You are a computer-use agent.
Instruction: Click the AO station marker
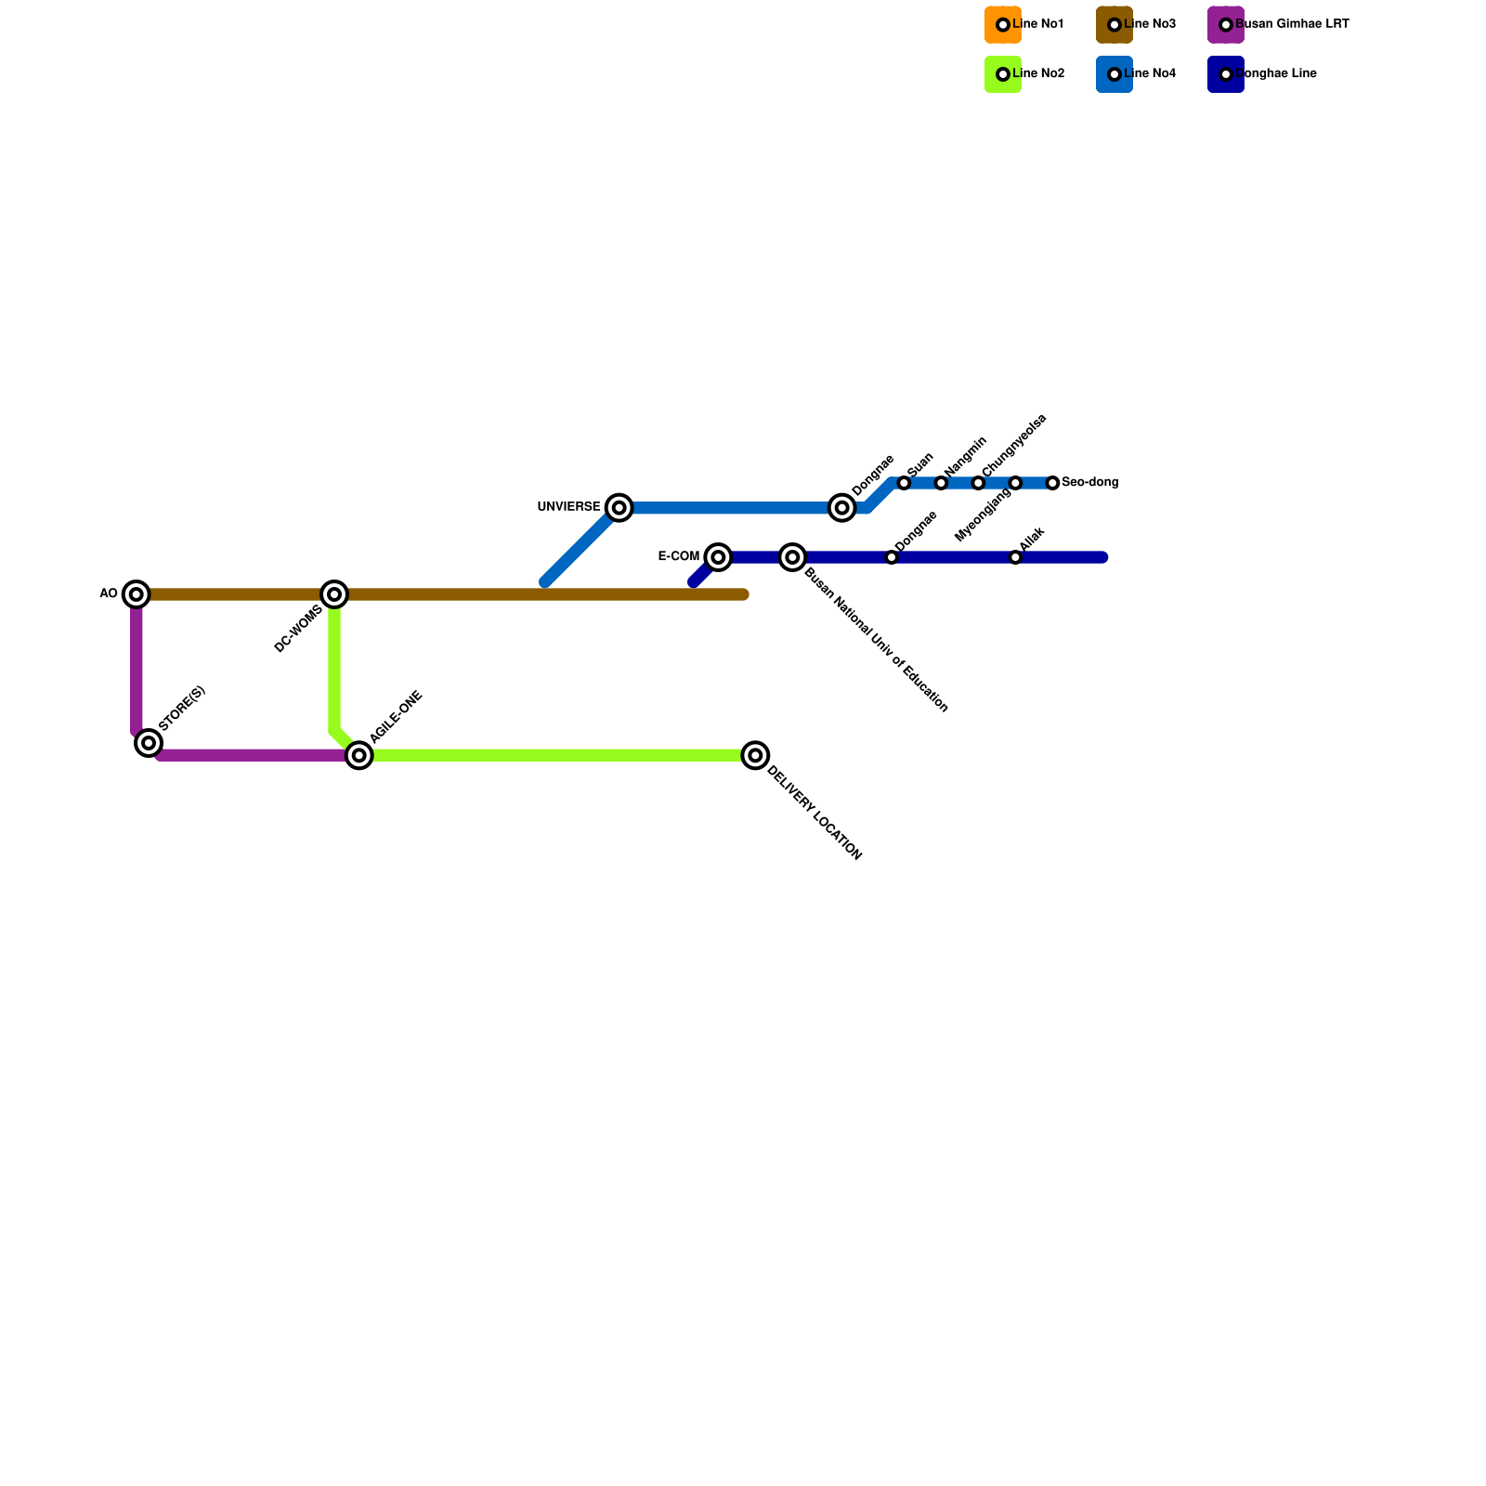coord(137,593)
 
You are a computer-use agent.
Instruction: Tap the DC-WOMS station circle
coord(334,593)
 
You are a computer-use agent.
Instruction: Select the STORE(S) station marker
coord(149,742)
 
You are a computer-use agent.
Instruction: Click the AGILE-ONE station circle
coord(359,755)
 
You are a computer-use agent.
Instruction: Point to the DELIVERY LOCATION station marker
coord(756,755)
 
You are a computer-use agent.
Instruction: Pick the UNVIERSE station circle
coord(619,507)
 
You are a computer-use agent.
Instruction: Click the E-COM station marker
coord(718,556)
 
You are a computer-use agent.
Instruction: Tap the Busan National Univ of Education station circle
coord(792,556)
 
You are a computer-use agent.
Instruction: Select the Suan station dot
coord(904,483)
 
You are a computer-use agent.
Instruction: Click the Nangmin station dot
coord(941,483)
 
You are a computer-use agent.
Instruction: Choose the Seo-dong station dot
coord(1052,483)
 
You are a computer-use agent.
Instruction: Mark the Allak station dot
coord(1016,557)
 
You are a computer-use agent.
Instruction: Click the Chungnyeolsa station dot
coord(978,483)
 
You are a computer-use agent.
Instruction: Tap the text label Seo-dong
coord(1090,483)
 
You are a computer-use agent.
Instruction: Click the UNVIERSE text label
coord(568,507)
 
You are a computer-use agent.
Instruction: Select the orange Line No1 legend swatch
coord(1002,24)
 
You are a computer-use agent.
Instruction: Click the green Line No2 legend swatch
coord(1002,74)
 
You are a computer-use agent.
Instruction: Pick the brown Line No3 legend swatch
coord(1114,24)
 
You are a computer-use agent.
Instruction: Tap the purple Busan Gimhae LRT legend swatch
coord(1225,24)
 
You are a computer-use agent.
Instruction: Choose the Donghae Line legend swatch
coord(1225,74)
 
